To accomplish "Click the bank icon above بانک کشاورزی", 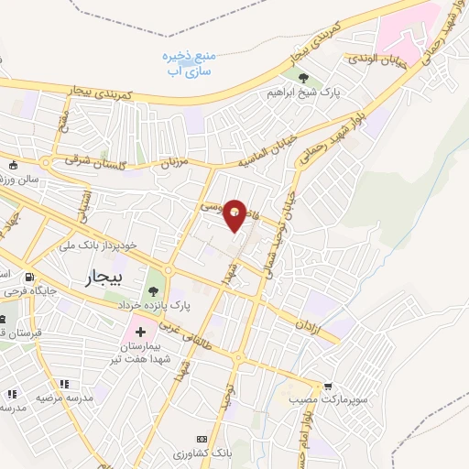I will point(203,440).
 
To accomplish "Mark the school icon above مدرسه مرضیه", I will point(63,384).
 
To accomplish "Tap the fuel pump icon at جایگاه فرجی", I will point(31,278).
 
